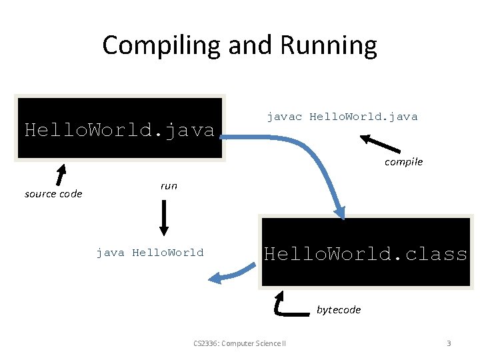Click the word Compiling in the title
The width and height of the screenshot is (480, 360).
click(x=162, y=45)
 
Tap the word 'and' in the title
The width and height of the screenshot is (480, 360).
click(x=251, y=45)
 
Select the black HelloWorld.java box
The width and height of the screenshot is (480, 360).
click(x=120, y=129)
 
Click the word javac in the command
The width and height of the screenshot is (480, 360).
click(x=285, y=117)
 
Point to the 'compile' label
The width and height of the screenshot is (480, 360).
click(x=403, y=162)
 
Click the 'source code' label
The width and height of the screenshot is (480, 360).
click(x=53, y=194)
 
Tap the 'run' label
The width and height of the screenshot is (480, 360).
click(x=169, y=186)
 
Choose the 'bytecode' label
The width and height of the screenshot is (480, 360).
click(x=339, y=309)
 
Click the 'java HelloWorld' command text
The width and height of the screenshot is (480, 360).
click(x=150, y=253)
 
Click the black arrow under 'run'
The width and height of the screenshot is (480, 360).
click(x=164, y=217)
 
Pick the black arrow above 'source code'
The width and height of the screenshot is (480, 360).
click(x=61, y=174)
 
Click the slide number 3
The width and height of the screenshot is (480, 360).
click(x=449, y=343)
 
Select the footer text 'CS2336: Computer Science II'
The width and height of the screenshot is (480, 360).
click(x=239, y=343)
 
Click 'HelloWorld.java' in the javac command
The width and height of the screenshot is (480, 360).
click(x=363, y=117)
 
